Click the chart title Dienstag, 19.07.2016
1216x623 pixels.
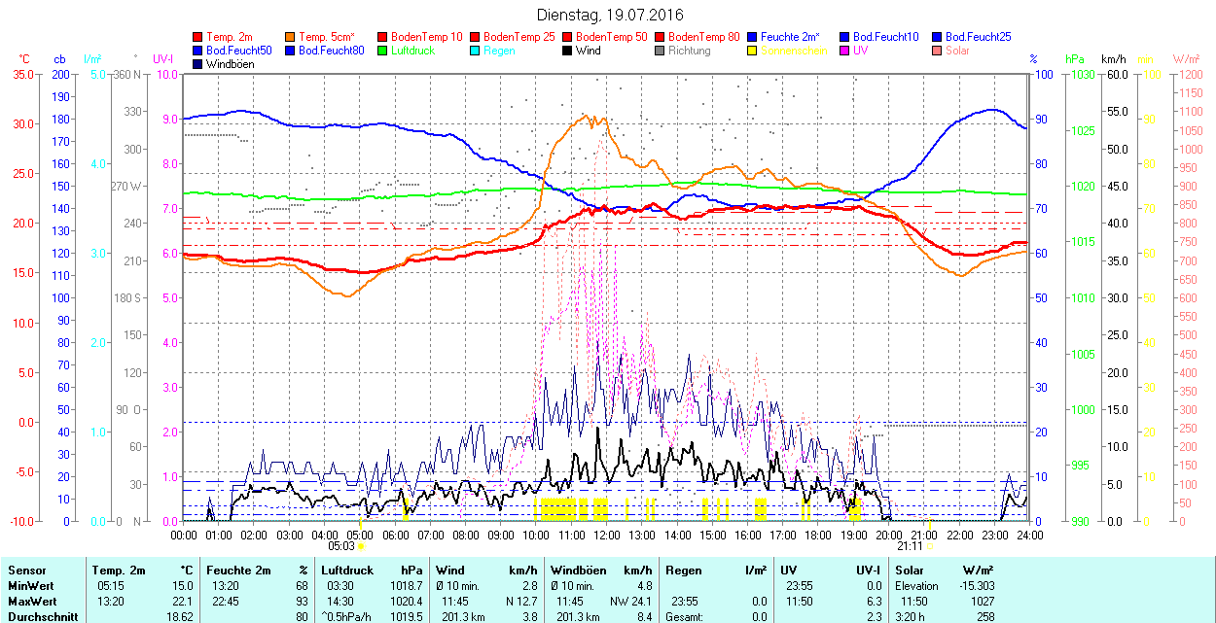610,15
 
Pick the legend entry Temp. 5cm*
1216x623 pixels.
326,36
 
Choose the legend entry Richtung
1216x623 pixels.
689,50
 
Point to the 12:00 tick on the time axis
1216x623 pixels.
607,534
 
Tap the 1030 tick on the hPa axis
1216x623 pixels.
1081,74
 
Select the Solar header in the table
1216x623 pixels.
911,571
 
